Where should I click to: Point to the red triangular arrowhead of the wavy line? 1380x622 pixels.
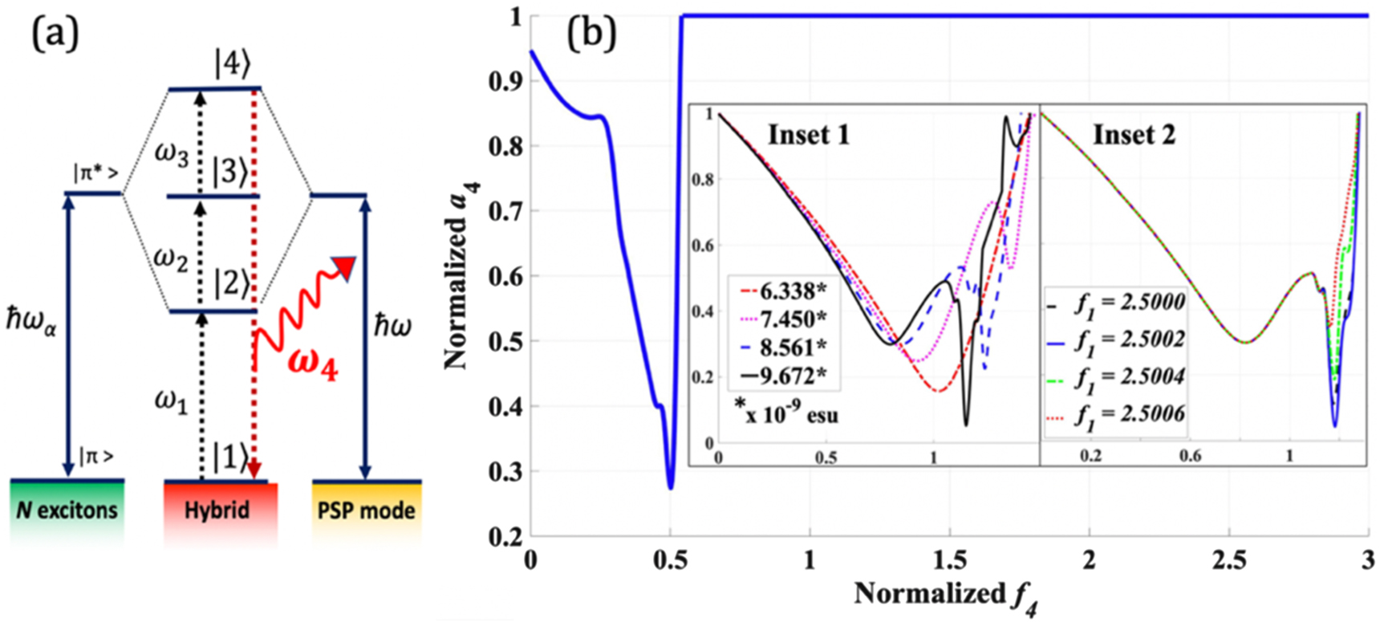(x=345, y=267)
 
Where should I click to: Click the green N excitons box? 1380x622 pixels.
(x=67, y=510)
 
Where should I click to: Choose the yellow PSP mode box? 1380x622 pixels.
(x=366, y=510)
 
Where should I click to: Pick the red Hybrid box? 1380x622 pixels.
(x=217, y=510)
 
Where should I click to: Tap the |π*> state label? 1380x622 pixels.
(x=96, y=173)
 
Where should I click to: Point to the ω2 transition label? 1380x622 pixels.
(x=171, y=258)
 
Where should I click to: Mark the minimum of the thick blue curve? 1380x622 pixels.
(x=671, y=486)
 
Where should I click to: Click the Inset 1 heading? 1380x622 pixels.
(x=808, y=135)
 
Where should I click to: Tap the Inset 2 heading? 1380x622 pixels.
(x=1134, y=135)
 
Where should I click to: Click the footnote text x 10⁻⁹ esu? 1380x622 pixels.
(x=786, y=414)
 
